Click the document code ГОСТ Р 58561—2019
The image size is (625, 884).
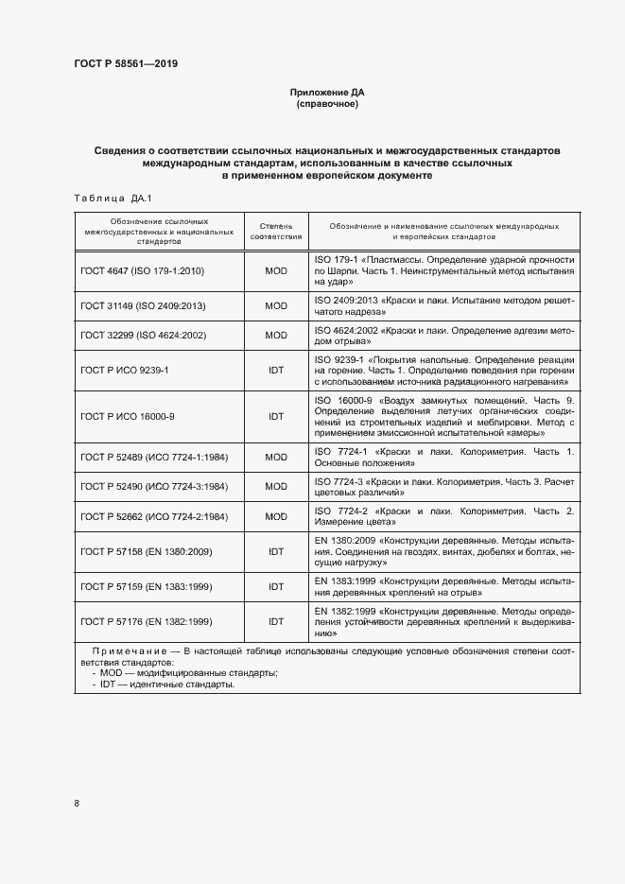tap(126, 64)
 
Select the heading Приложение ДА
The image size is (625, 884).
tap(326, 93)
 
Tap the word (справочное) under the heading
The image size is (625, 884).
tap(326, 104)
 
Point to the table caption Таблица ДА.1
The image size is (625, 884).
tap(106, 198)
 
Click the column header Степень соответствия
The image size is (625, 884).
tap(275, 232)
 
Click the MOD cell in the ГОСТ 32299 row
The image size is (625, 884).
tap(275, 336)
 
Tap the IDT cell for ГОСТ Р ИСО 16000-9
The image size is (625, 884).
tap(275, 416)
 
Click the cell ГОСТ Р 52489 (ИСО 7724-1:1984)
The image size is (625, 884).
tap(154, 457)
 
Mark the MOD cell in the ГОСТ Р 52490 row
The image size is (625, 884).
tap(275, 486)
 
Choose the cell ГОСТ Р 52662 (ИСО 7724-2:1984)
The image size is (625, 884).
tap(154, 516)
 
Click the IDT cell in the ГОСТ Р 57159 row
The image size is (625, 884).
tap(275, 587)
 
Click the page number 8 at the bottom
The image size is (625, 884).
tap(77, 804)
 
